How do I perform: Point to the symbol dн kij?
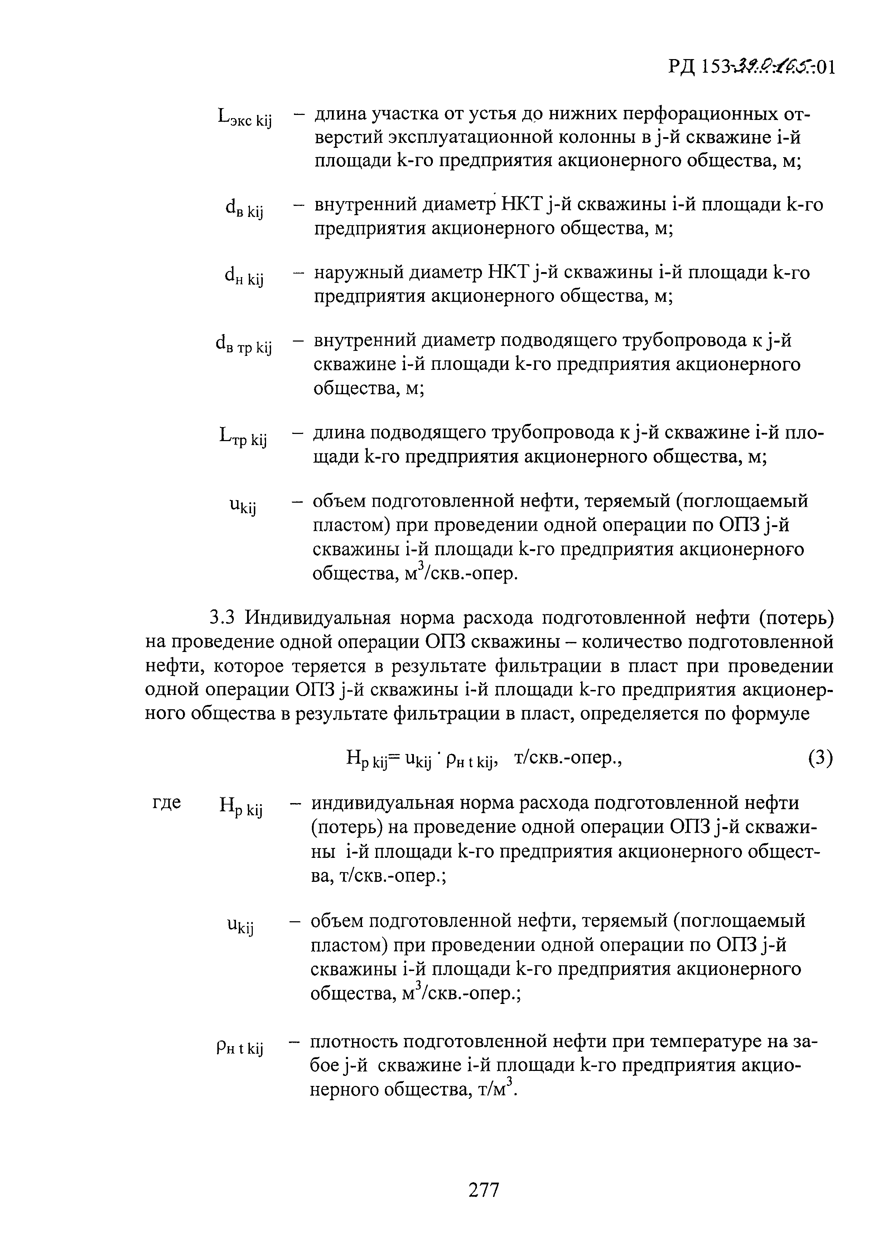[244, 277]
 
